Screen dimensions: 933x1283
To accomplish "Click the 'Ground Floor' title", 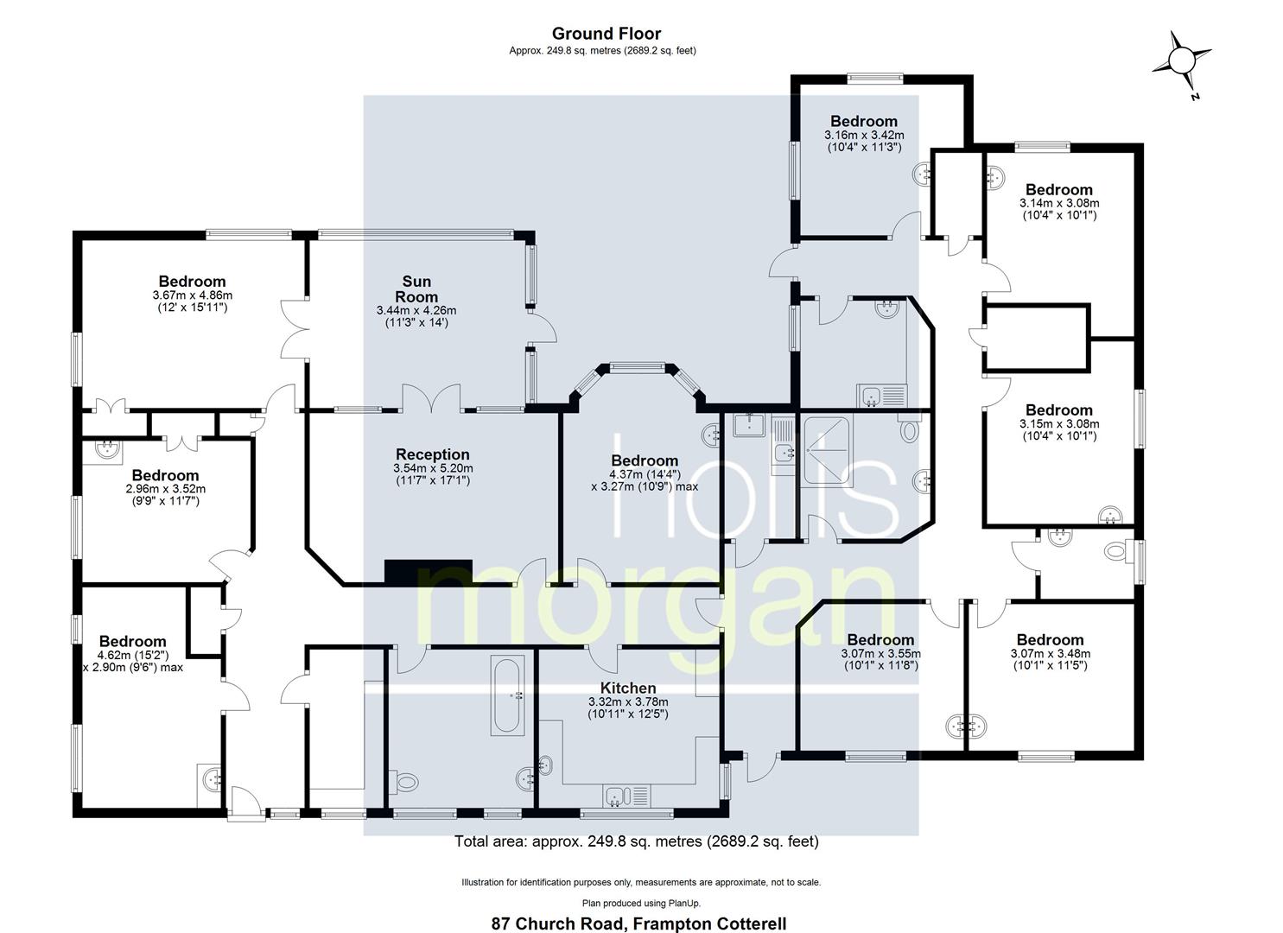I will (x=606, y=34).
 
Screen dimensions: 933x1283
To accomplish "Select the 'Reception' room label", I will (x=432, y=454).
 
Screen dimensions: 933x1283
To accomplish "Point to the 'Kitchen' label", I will (x=628, y=688).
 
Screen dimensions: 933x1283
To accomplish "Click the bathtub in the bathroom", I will (x=506, y=695).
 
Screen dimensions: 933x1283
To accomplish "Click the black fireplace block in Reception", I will (x=428, y=571).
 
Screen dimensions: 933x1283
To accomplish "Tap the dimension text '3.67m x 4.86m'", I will (x=192, y=295).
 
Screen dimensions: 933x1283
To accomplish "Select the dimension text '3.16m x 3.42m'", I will (x=863, y=135).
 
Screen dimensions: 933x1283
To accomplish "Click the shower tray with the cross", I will (x=826, y=450).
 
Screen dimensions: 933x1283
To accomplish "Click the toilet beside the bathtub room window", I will (x=404, y=782).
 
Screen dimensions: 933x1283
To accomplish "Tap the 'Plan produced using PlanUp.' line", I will (x=640, y=902).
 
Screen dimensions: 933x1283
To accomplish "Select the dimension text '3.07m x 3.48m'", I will (x=1050, y=654).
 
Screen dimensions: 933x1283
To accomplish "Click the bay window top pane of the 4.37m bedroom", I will (x=637, y=368).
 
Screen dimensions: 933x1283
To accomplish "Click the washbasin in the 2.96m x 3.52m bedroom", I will (x=108, y=448).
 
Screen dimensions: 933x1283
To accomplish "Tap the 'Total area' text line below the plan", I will (x=636, y=841).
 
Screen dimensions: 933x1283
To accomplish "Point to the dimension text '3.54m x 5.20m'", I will (x=432, y=468).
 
